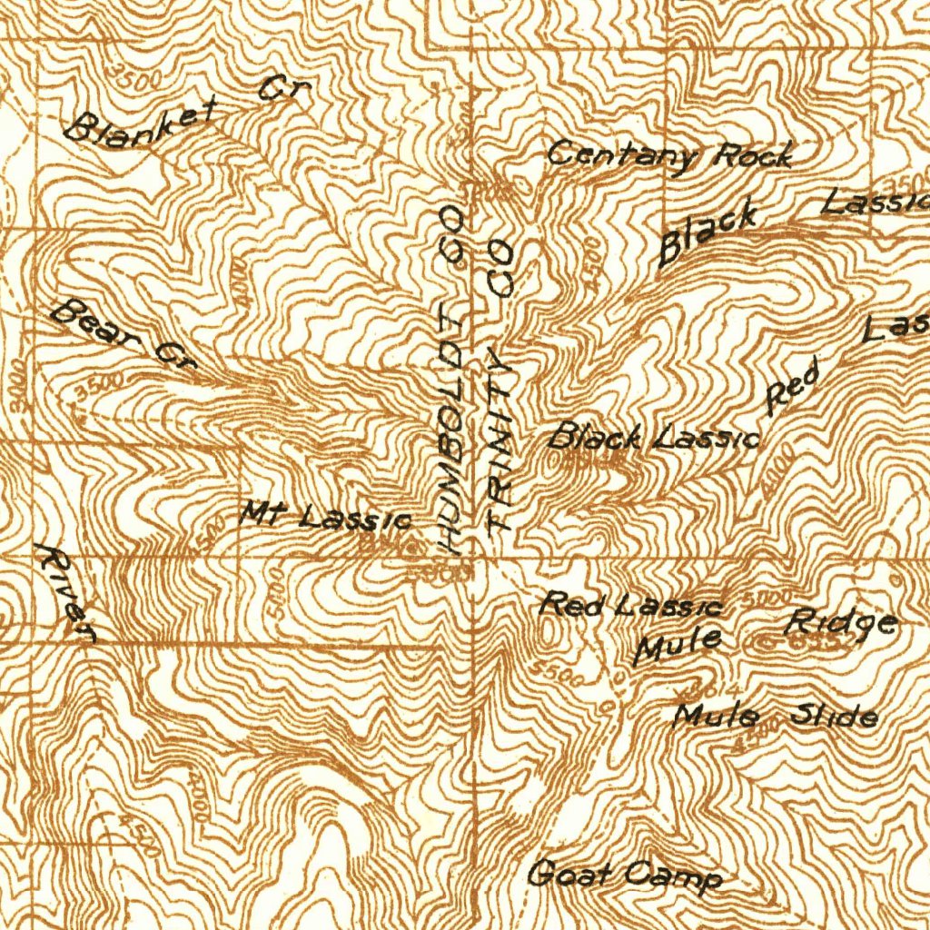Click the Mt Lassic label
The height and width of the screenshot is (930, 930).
coord(326,518)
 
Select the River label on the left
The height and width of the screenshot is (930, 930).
coord(64,593)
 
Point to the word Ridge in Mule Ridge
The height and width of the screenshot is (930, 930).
coord(841,623)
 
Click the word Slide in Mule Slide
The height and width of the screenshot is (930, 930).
coord(834,717)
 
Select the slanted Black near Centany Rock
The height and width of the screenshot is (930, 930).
coord(707,234)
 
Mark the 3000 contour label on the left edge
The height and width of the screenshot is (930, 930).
coord(20,375)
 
